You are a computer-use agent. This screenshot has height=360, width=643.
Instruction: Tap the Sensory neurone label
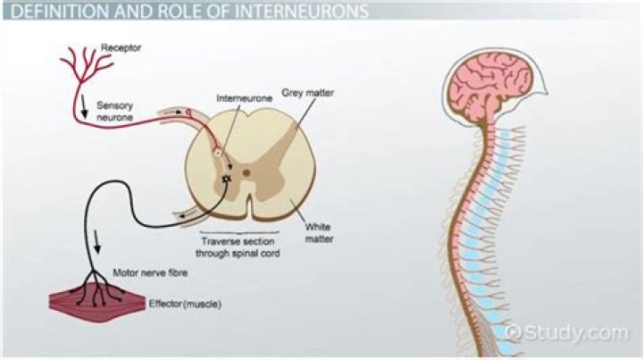click(114, 110)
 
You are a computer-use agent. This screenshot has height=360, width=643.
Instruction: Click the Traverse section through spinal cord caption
click(238, 247)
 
